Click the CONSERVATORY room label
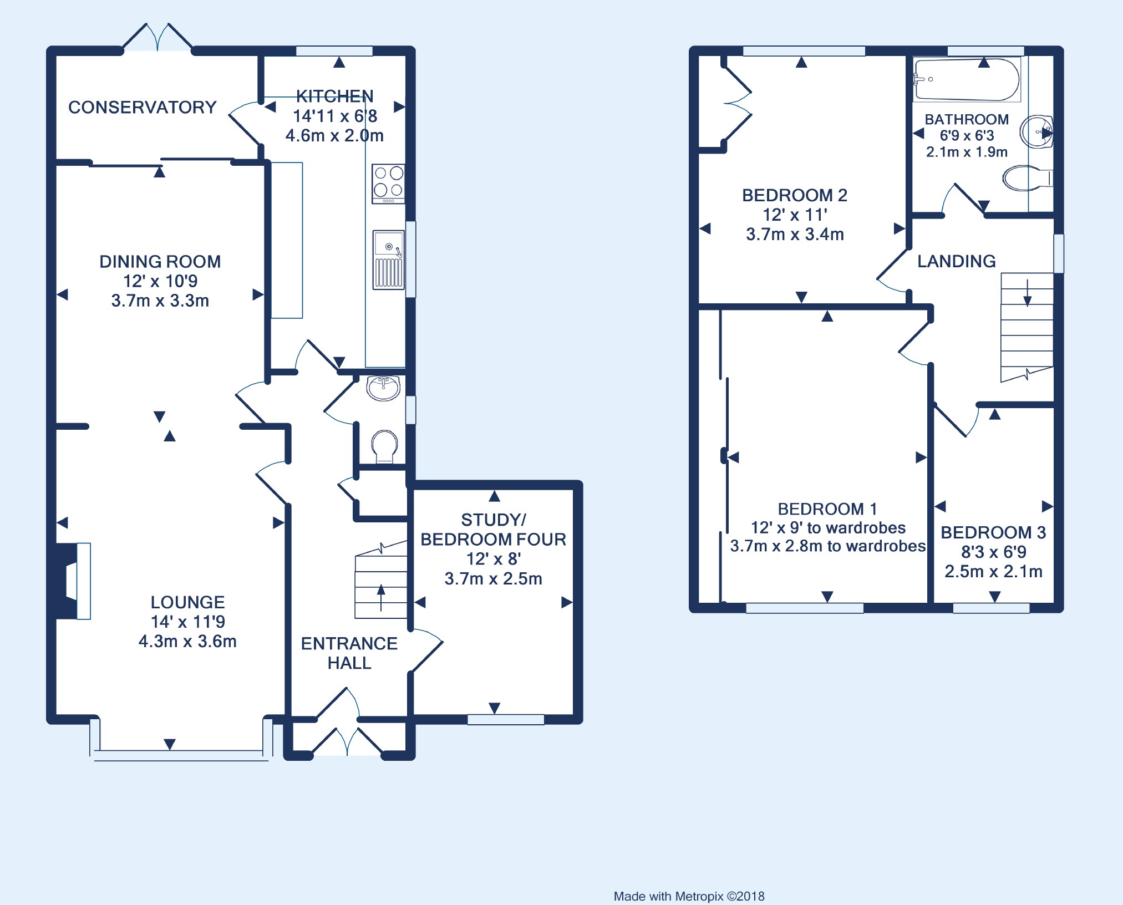pos(142,107)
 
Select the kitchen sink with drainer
pos(388,260)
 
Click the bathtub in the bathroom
pos(967,80)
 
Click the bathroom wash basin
pos(1036,132)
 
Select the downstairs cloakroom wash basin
pos(383,388)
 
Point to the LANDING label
pos(956,261)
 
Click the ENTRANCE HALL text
pos(349,653)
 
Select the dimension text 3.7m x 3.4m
pos(795,234)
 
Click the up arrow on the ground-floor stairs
pos(381,597)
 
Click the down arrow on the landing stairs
pos(1027,293)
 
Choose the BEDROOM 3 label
pos(993,532)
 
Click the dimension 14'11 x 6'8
pos(335,116)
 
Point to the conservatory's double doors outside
pos(157,38)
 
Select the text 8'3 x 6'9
pos(993,552)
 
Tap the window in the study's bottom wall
pos(506,720)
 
